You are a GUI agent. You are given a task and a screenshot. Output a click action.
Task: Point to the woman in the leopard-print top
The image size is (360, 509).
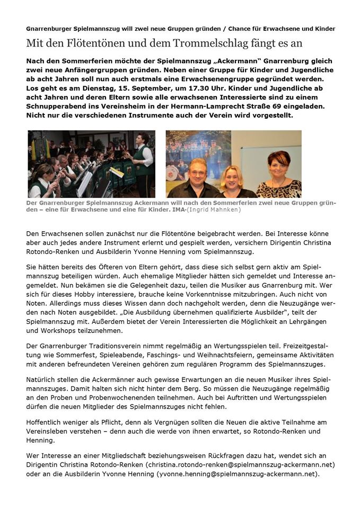tap(279, 175)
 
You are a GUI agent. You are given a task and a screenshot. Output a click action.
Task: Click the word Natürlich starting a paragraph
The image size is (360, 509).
tap(42, 380)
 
